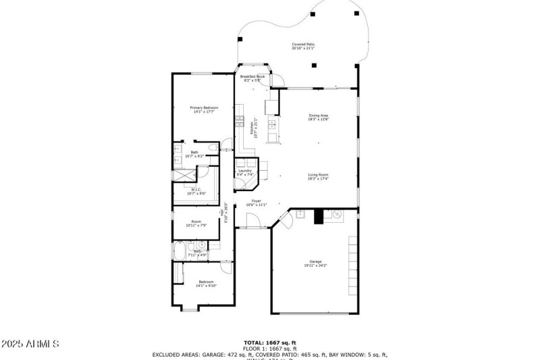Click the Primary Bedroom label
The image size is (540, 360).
pyautogui.click(x=204, y=109)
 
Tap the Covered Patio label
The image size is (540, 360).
pyautogui.click(x=303, y=46)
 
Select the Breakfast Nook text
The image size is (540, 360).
pyautogui.click(x=252, y=78)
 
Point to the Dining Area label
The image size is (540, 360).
pyautogui.click(x=318, y=117)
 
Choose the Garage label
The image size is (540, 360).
pyautogui.click(x=315, y=263)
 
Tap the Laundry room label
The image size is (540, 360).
pyautogui.click(x=245, y=172)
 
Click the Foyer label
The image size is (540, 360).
pyautogui.click(x=256, y=202)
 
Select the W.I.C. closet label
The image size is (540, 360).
pyautogui.click(x=197, y=191)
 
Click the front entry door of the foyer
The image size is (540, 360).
pyautogui.click(x=252, y=221)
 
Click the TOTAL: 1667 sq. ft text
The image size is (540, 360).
pyautogui.click(x=269, y=342)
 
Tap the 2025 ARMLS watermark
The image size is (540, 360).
pyautogui.click(x=30, y=344)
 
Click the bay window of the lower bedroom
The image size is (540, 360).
pyautogui.click(x=189, y=309)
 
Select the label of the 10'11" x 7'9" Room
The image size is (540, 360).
pyautogui.click(x=196, y=224)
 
